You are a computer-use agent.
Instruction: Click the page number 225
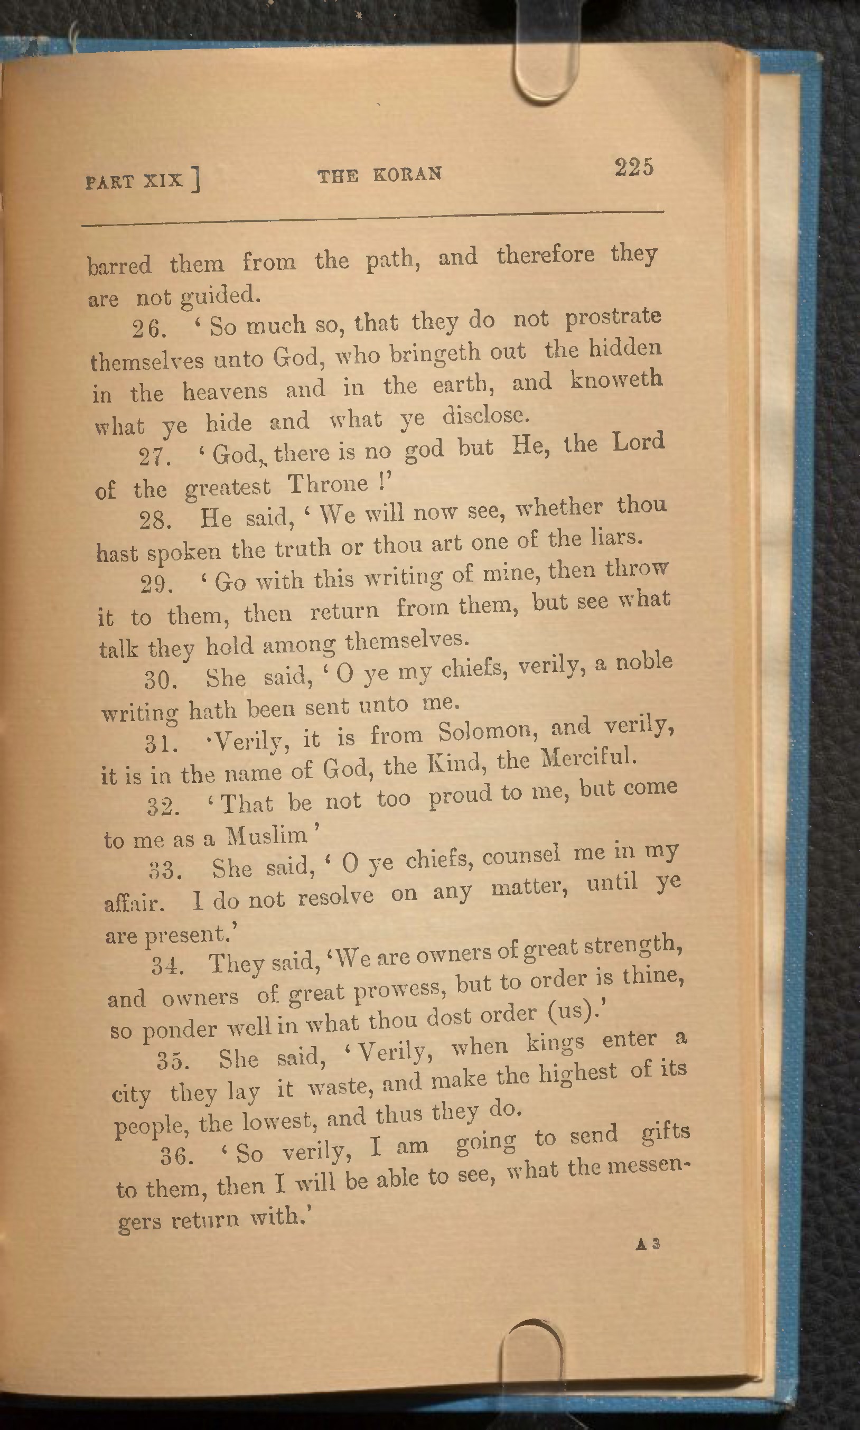634,167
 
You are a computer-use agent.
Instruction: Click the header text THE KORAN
380,174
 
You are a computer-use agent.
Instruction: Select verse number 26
149,329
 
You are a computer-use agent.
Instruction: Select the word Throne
328,483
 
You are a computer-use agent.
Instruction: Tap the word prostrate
613,317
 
